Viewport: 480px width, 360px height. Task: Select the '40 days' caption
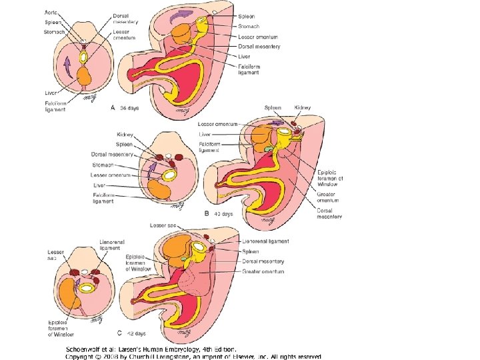[x=223, y=214]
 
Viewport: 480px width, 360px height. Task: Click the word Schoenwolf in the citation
[x=86, y=349]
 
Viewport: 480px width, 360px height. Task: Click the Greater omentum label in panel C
[x=263, y=271]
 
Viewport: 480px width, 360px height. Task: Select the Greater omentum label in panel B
[x=327, y=197]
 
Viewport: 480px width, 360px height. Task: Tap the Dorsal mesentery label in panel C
[x=263, y=261]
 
